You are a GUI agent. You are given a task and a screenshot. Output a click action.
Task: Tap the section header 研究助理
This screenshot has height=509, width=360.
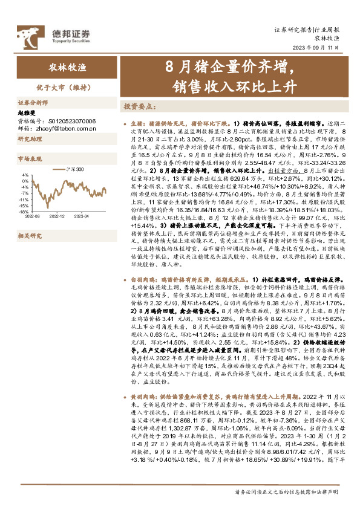[27, 139]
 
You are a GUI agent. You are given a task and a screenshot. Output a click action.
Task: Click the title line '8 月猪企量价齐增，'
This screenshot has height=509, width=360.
[233, 64]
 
